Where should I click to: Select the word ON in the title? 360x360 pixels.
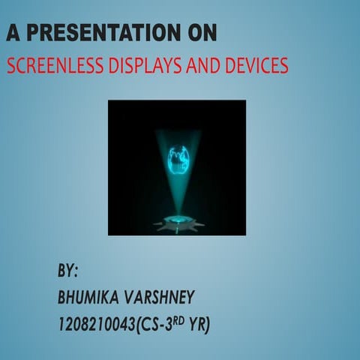[202, 33]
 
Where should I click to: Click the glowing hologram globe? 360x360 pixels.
[178, 158]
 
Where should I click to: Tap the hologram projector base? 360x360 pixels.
[178, 222]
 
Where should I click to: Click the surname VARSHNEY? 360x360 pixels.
[162, 297]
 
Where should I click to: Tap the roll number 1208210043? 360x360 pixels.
[95, 324]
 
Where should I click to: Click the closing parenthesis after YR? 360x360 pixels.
[208, 324]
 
